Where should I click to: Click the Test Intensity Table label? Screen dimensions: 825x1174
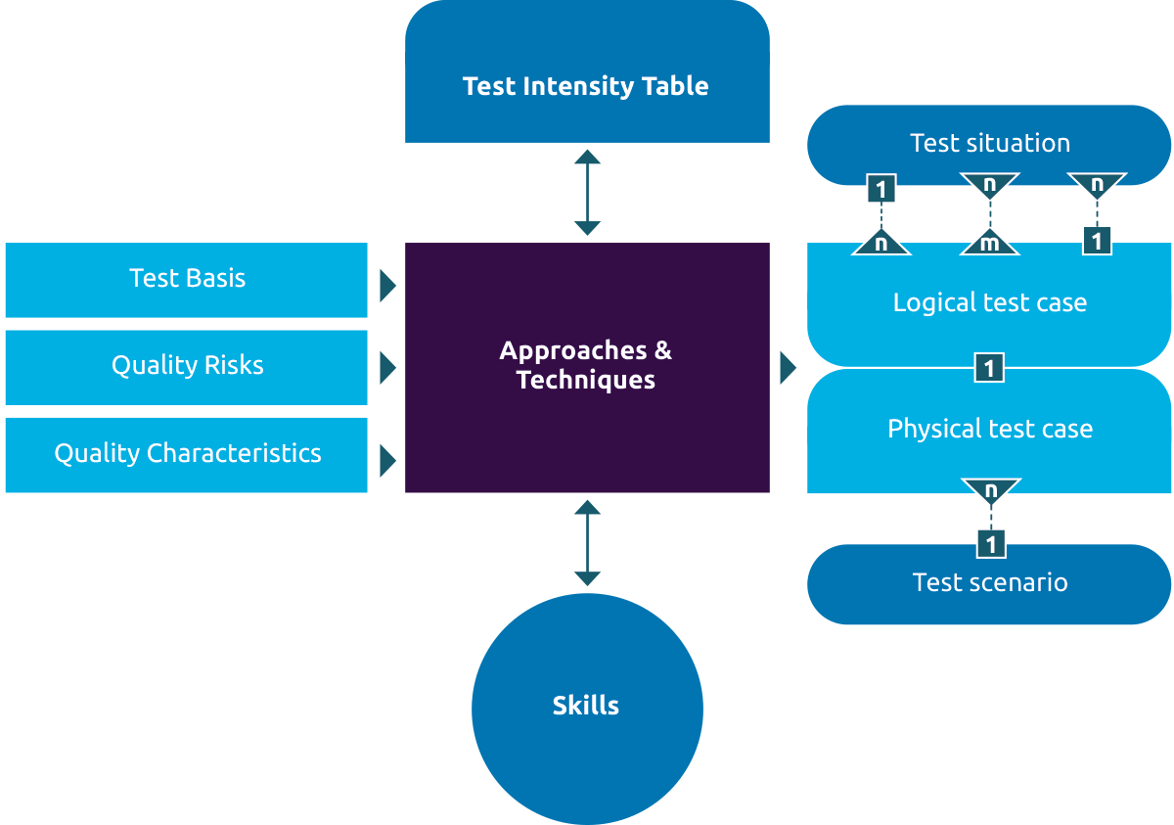(x=585, y=86)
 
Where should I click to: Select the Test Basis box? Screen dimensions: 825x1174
(x=187, y=279)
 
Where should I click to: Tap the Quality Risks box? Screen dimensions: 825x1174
(x=187, y=366)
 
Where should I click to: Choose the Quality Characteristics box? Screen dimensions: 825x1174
(x=187, y=454)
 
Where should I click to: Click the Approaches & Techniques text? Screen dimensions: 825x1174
(x=585, y=365)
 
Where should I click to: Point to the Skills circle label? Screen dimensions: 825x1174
(x=585, y=706)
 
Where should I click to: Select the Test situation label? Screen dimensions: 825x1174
(x=989, y=144)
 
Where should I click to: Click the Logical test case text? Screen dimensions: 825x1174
(x=989, y=302)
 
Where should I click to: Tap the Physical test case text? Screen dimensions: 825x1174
(x=989, y=429)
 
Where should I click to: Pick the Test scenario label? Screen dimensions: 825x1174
(x=989, y=582)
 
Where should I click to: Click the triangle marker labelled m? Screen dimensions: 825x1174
(x=989, y=243)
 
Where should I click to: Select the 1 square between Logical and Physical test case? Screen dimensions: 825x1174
(x=989, y=369)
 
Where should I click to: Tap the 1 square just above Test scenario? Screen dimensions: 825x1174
(x=991, y=542)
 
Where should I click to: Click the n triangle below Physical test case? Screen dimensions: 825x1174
(x=990, y=488)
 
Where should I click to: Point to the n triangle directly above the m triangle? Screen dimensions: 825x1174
(x=989, y=184)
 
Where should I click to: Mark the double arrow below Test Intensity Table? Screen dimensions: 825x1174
(x=587, y=193)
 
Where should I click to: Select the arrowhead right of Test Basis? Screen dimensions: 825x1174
(x=387, y=286)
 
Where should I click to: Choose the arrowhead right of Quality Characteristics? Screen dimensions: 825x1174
(x=387, y=460)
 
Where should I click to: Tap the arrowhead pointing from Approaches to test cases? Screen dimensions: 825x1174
(x=788, y=369)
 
